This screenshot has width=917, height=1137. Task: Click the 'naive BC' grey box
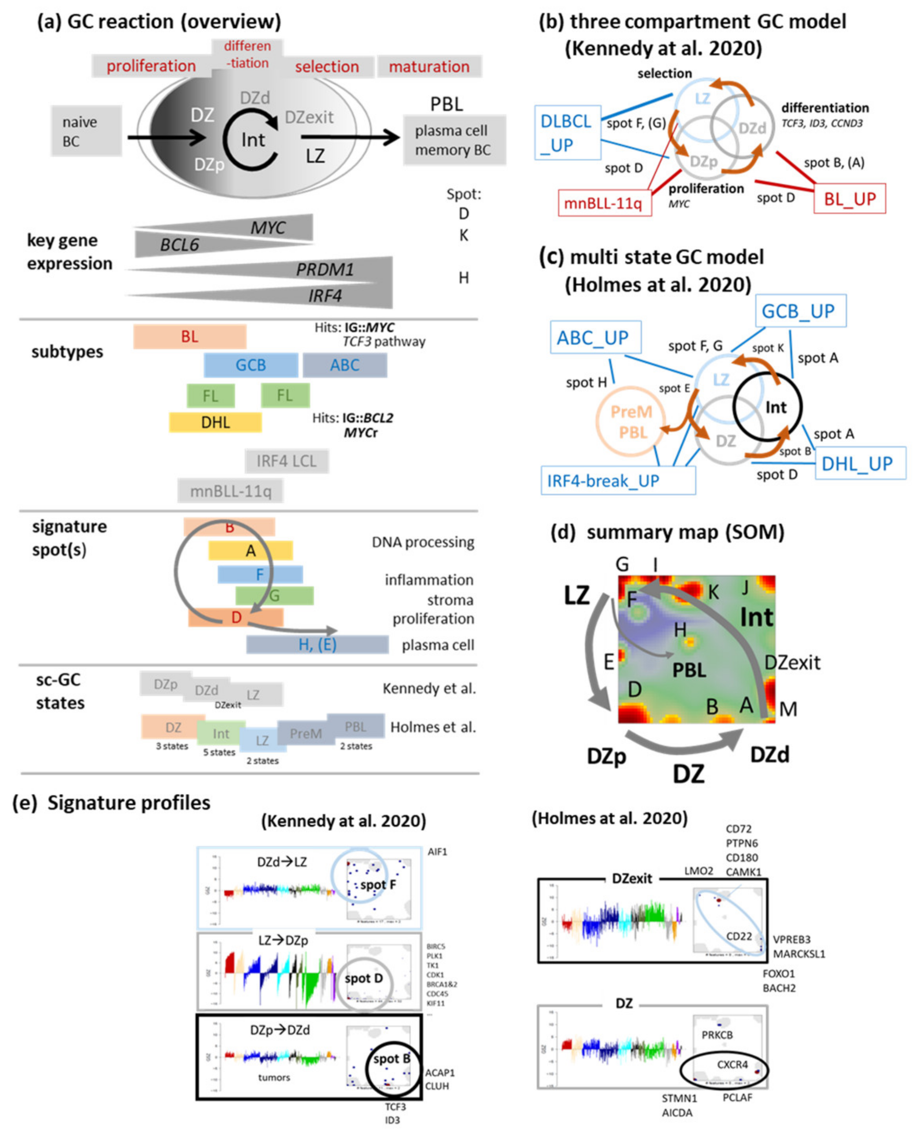point(86,131)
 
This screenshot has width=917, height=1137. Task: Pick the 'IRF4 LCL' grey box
point(286,461)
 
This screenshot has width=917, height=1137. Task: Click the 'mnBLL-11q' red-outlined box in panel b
point(604,203)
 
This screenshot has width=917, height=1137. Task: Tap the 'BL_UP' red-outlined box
point(849,199)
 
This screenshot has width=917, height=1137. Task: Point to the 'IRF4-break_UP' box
point(617,480)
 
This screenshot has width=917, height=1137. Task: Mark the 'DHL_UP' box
point(860,463)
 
